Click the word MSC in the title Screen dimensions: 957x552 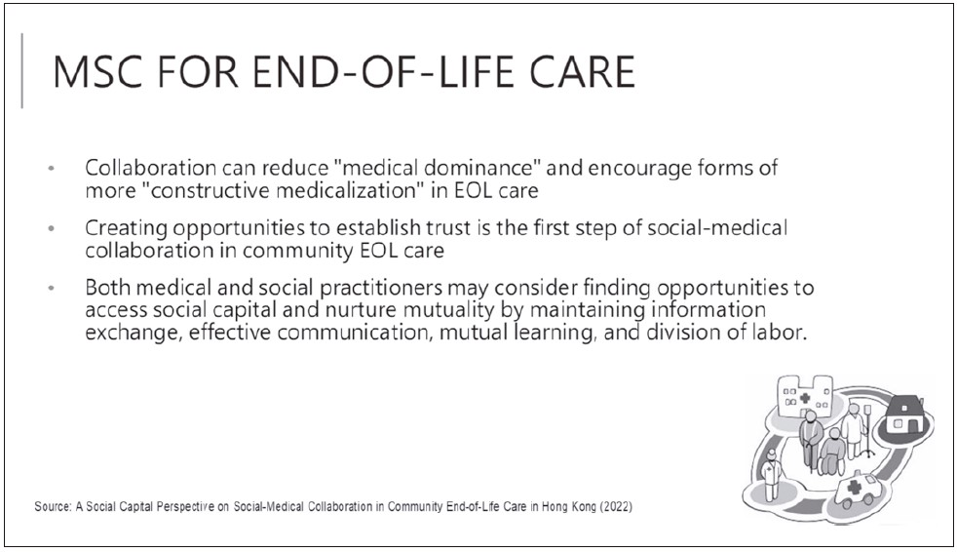96,71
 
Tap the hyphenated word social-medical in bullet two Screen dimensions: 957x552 717,227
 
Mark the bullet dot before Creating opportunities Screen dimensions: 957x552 52,228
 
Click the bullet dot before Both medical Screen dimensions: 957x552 52,288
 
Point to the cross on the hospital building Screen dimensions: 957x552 804,398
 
